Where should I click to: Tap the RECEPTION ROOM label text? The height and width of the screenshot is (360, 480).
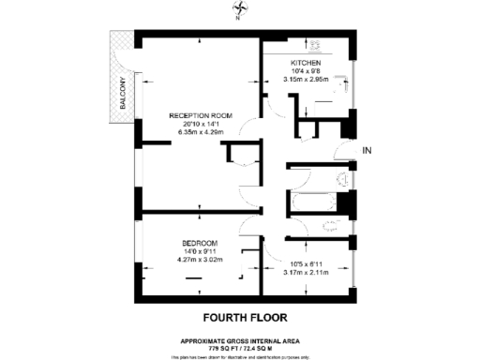click(201, 114)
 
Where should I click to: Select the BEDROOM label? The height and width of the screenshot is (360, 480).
click(199, 243)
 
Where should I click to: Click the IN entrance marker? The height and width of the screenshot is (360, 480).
click(367, 149)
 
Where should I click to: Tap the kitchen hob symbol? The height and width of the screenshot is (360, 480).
click(314, 43)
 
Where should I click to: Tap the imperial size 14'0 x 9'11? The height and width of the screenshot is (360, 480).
click(199, 251)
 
